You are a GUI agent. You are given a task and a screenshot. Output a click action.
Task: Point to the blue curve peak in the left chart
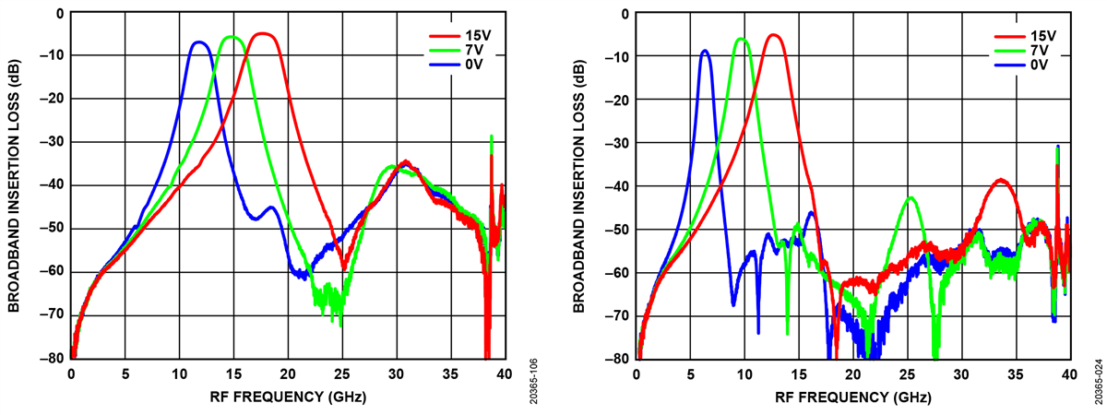click(198, 42)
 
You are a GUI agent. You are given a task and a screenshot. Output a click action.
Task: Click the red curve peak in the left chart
click(264, 34)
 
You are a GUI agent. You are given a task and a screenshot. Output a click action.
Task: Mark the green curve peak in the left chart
click(232, 38)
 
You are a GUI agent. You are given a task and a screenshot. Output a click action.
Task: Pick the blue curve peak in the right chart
click(706, 51)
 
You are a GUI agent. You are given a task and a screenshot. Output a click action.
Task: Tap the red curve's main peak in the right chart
click(774, 35)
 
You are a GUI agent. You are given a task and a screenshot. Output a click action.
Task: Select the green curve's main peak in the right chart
click(741, 39)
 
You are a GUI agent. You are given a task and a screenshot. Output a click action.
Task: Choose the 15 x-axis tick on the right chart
click(799, 374)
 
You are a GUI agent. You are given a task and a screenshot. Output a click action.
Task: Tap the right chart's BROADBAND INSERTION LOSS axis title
click(581, 184)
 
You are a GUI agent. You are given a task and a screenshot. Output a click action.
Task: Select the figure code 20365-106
click(534, 380)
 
